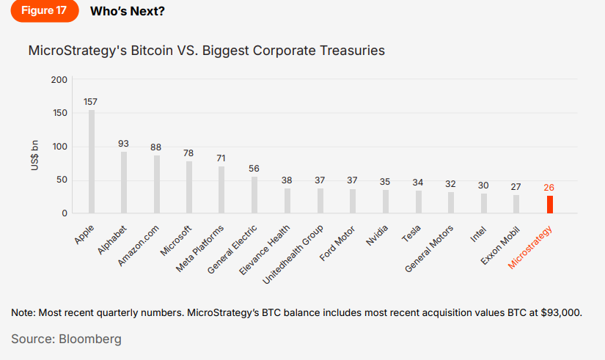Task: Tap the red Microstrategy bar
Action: click(549, 205)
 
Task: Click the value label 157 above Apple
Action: click(91, 102)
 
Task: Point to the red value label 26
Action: click(549, 188)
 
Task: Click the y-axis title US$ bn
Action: click(34, 156)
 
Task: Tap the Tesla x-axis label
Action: click(411, 233)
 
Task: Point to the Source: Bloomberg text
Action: click(66, 339)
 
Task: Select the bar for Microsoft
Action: click(189, 187)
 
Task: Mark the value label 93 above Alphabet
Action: click(124, 144)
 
